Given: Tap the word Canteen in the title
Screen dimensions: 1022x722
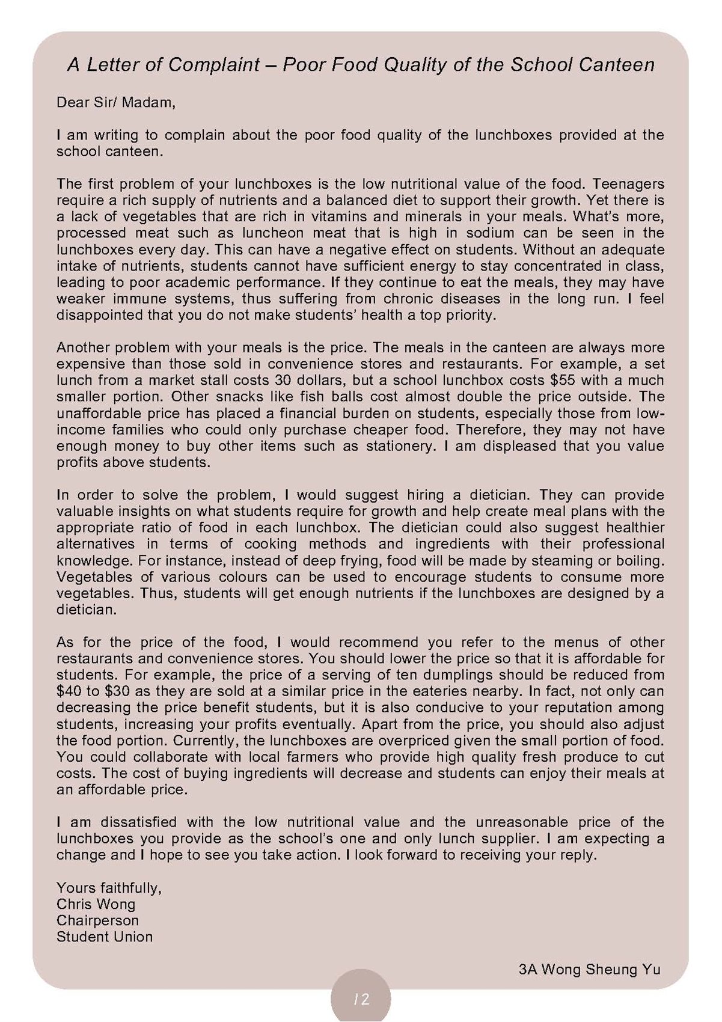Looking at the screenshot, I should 617,65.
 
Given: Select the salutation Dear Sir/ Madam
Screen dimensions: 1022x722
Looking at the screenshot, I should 116,103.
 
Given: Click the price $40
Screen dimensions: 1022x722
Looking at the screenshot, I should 69,691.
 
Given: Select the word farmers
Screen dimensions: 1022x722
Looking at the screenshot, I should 356,757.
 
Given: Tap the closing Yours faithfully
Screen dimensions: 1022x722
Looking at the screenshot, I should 109,888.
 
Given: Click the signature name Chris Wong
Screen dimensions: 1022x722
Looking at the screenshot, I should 96,904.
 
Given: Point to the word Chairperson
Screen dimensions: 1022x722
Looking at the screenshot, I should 97,920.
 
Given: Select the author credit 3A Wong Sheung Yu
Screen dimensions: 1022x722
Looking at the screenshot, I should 589,969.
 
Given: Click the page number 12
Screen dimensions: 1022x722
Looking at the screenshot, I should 361,999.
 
